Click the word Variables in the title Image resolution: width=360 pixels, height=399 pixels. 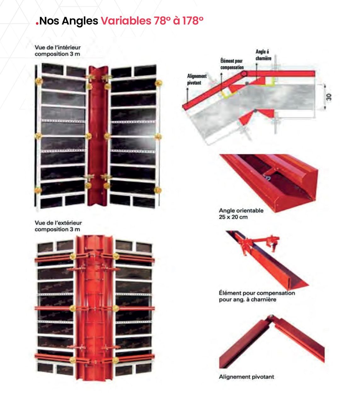point(126,20)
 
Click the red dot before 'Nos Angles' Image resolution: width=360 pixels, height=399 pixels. point(37,24)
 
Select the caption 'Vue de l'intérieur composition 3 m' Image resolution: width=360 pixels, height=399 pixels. point(58,51)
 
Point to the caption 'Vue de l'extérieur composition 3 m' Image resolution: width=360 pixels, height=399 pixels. point(58,226)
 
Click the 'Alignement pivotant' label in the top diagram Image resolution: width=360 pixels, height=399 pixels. point(197,79)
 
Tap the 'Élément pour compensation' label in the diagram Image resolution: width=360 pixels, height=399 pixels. point(232,64)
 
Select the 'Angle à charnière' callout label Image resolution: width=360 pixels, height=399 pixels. point(263,55)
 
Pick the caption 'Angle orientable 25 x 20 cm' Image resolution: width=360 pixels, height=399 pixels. point(241,214)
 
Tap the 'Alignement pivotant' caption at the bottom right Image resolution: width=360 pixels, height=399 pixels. point(246,377)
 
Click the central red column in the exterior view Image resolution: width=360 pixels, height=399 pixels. point(94,308)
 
